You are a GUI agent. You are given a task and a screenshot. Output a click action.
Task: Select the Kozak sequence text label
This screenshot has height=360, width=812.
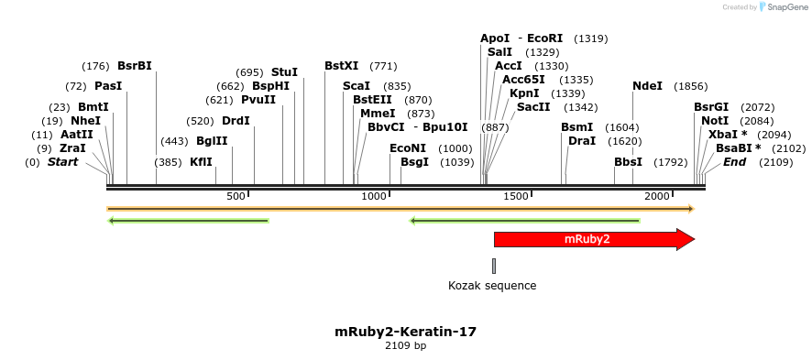[x=492, y=286]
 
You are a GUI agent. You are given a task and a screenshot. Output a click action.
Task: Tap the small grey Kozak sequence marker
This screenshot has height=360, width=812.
[x=494, y=266]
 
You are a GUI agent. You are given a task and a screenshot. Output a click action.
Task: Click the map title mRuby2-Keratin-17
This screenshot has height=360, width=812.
[x=405, y=331]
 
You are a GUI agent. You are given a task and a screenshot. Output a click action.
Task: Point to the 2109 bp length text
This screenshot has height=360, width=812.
[x=405, y=345]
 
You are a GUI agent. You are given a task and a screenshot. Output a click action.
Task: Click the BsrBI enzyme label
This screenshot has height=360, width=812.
[x=135, y=66]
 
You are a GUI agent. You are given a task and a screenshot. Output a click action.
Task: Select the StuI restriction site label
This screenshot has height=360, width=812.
[x=284, y=72]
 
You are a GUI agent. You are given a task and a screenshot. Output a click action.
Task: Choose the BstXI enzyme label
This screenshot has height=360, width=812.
[x=342, y=66]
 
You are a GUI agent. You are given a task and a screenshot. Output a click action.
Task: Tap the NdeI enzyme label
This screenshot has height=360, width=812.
[x=647, y=86]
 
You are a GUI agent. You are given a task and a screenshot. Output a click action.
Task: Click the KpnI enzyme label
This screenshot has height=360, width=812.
[x=524, y=93]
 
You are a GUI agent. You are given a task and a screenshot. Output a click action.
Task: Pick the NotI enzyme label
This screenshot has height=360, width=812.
[x=715, y=121]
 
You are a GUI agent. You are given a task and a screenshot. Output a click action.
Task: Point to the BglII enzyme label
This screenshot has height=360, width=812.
[x=212, y=141]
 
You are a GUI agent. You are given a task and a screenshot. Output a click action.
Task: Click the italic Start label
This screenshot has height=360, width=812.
[x=63, y=162]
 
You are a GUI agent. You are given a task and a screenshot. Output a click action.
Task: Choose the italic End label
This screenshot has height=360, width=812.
[x=734, y=162]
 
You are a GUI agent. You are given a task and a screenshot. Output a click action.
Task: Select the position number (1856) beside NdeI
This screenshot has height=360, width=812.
[x=690, y=86]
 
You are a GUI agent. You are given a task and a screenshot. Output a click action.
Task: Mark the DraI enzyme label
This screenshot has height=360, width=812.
[x=582, y=141]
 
